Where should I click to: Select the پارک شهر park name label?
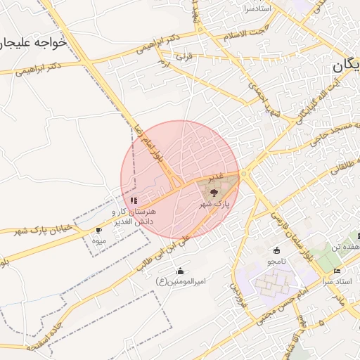[x=214, y=204]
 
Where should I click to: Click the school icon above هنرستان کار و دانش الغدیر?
[x=134, y=200]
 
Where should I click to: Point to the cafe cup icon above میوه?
[x=98, y=230]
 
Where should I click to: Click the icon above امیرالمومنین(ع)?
[x=181, y=271]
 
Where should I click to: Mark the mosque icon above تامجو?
[x=276, y=250]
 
